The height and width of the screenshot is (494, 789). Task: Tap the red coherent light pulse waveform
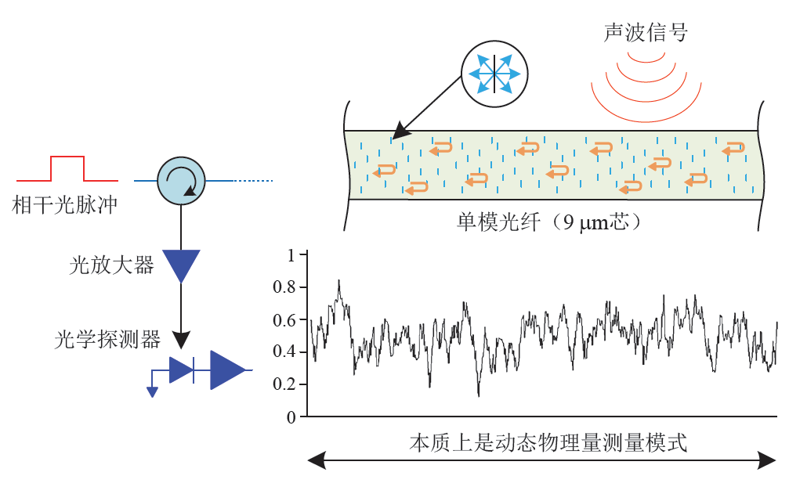pos(67,167)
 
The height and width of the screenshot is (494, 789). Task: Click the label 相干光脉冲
pos(64,206)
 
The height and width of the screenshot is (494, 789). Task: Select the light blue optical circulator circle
pos(181,181)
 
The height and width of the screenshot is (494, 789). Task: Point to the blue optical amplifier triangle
pos(181,265)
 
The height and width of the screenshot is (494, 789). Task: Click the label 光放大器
pos(111,265)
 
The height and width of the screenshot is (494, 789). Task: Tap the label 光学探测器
pos(107,339)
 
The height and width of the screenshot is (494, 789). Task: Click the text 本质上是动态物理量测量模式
pos(548,443)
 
